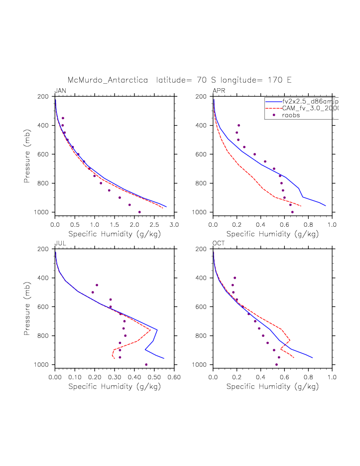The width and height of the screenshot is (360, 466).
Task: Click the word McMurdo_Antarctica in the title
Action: coord(108,80)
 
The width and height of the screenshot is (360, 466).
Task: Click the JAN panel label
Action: coord(60,91)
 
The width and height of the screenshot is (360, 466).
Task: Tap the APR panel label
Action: coord(219,91)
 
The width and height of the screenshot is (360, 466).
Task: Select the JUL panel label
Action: coord(60,243)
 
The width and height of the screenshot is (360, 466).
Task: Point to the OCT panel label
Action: coord(219,243)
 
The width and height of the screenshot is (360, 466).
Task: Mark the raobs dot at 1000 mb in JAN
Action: coord(139,212)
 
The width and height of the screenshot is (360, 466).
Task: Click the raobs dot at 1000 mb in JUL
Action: coord(146,364)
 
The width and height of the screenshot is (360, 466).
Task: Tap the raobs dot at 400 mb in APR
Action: coord(239,125)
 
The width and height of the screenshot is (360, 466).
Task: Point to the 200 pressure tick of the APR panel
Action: coord(203,97)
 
